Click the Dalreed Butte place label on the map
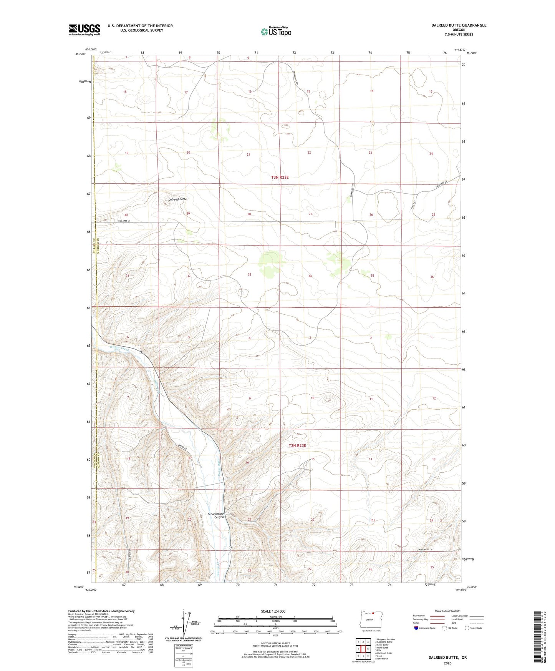click(x=177, y=199)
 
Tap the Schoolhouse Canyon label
click(x=215, y=515)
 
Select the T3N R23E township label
click(x=280, y=178)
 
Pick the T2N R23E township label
click(x=297, y=445)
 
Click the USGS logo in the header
click(x=84, y=30)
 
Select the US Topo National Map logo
click(x=276, y=31)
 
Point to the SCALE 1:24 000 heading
click(x=273, y=611)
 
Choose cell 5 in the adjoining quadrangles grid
click(x=368, y=649)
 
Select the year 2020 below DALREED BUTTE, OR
click(x=447, y=663)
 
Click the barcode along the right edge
click(x=538, y=638)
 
